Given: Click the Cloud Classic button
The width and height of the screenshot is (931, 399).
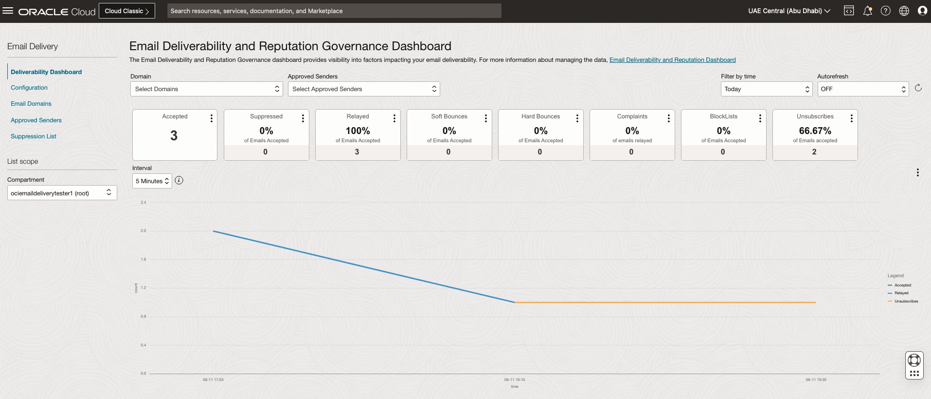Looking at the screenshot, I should [126, 11].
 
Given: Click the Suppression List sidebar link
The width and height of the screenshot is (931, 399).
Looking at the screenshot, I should [34, 136].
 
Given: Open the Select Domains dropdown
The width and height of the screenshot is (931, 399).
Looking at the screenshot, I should [206, 89].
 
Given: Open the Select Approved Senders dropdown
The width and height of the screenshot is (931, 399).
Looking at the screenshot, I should [363, 89].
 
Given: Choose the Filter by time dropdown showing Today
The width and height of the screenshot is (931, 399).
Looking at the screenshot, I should [766, 89].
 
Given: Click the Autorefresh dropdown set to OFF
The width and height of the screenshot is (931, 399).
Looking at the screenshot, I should [862, 89].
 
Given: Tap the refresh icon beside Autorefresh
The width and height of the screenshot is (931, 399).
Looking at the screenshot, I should [918, 88].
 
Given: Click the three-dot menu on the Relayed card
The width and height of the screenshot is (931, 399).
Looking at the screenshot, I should [394, 118].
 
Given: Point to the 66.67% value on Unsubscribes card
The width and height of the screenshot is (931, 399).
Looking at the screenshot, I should [815, 131].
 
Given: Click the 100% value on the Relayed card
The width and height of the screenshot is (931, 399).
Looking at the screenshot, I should [358, 131].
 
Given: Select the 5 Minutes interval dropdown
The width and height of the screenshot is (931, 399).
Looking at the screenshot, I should [152, 181].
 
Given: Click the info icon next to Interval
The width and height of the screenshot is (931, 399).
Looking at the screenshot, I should [179, 181].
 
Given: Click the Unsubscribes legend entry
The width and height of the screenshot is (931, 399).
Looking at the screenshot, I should [906, 301].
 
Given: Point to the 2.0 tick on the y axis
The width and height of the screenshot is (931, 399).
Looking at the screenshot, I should [143, 231].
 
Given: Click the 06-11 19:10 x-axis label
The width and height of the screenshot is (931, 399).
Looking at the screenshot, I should [514, 380].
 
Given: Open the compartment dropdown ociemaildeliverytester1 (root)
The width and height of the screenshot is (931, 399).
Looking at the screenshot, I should [62, 193].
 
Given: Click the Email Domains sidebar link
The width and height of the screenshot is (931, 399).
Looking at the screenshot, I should [31, 104].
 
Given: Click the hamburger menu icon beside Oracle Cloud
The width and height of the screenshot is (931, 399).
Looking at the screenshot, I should [8, 11].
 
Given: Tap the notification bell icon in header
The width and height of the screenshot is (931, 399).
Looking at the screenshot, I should [867, 11].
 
